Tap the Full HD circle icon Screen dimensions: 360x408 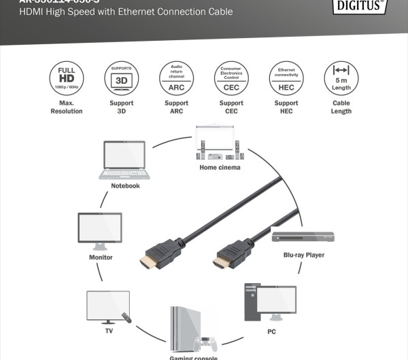(x=66, y=78)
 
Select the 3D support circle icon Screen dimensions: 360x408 (x=120, y=78)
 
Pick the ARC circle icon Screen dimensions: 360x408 (x=175, y=78)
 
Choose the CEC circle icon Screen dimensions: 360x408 (x=231, y=78)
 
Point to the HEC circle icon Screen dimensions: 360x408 (x=286, y=78)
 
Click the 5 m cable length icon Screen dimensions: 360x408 (x=341, y=78)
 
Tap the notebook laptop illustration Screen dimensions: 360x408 (x=124, y=160)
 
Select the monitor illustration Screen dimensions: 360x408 (x=100, y=232)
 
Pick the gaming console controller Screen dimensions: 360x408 (x=205, y=344)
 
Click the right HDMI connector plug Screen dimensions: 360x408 (x=231, y=256)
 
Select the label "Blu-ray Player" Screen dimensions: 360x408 (x=304, y=255)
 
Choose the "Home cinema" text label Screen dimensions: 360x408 (x=220, y=167)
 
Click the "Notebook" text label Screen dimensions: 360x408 (x=125, y=185)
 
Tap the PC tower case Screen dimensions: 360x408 (x=252, y=303)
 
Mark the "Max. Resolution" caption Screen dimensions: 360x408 (x=66, y=107)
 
